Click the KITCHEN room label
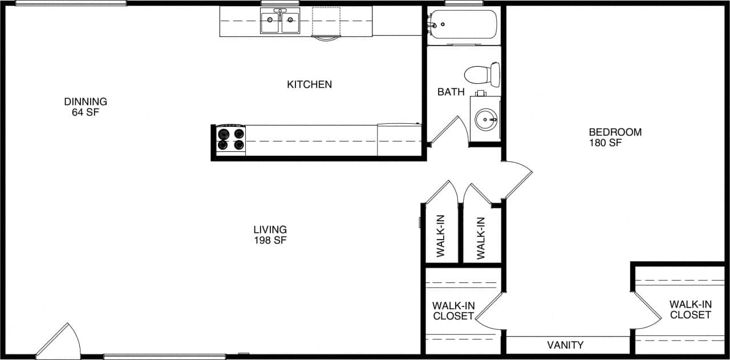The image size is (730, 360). pyautogui.click(x=309, y=84)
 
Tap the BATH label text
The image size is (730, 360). pyautogui.click(x=451, y=92)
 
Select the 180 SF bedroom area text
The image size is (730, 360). pyautogui.click(x=605, y=143)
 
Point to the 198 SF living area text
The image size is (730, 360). pyautogui.click(x=270, y=240)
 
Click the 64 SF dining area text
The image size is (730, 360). pyautogui.click(x=86, y=112)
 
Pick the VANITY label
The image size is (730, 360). pyautogui.click(x=565, y=345)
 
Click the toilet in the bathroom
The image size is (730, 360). pyautogui.click(x=482, y=75)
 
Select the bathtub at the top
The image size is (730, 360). pyautogui.click(x=463, y=24)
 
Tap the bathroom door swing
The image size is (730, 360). pyautogui.click(x=451, y=130)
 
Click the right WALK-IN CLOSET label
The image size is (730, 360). pyautogui.click(x=690, y=310)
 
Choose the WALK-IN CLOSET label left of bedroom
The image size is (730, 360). pyautogui.click(x=453, y=311)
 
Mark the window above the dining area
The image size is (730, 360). pyautogui.click(x=71, y=3)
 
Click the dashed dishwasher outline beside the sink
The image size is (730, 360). pyautogui.click(x=326, y=22)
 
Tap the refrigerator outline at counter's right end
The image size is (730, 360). pyautogui.click(x=399, y=140)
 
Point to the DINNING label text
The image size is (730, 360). pyautogui.click(x=86, y=102)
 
